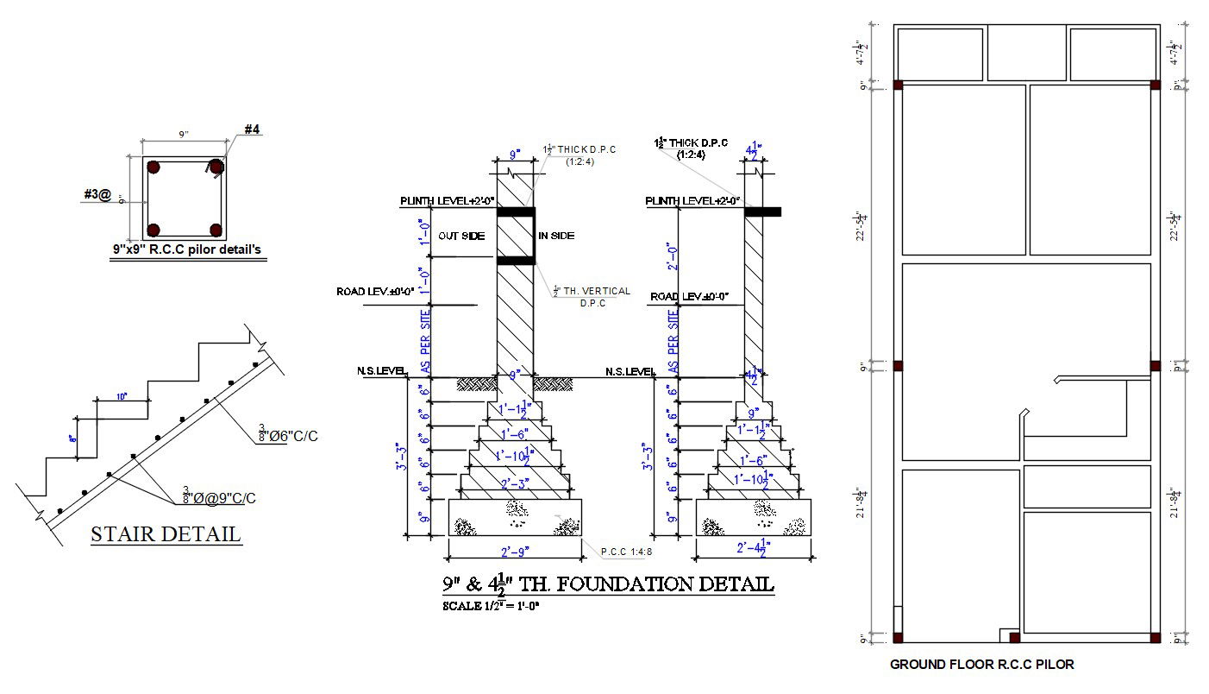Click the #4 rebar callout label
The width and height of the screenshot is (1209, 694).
click(x=252, y=129)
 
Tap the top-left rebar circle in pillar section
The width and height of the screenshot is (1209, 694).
click(x=153, y=167)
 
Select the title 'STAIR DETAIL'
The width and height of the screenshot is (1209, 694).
click(x=166, y=533)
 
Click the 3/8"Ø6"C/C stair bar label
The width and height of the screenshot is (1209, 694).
click(x=288, y=435)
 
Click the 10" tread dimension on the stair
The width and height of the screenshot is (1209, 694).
click(x=121, y=396)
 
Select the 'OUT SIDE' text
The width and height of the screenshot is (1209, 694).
click(x=460, y=236)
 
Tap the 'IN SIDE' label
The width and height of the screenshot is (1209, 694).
click(x=556, y=236)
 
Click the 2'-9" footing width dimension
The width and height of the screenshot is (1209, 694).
click(x=515, y=549)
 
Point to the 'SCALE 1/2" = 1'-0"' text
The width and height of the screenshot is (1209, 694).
click(x=491, y=606)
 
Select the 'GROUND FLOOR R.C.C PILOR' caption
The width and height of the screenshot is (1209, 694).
click(x=982, y=665)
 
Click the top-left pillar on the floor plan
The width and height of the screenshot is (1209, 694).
click(x=898, y=85)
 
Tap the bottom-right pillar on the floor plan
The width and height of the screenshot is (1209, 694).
click(x=1156, y=638)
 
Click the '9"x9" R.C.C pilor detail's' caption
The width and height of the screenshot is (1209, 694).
click(x=186, y=249)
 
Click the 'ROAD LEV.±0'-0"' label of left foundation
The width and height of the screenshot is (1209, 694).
click(x=375, y=292)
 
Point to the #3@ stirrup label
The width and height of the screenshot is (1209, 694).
click(x=97, y=196)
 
